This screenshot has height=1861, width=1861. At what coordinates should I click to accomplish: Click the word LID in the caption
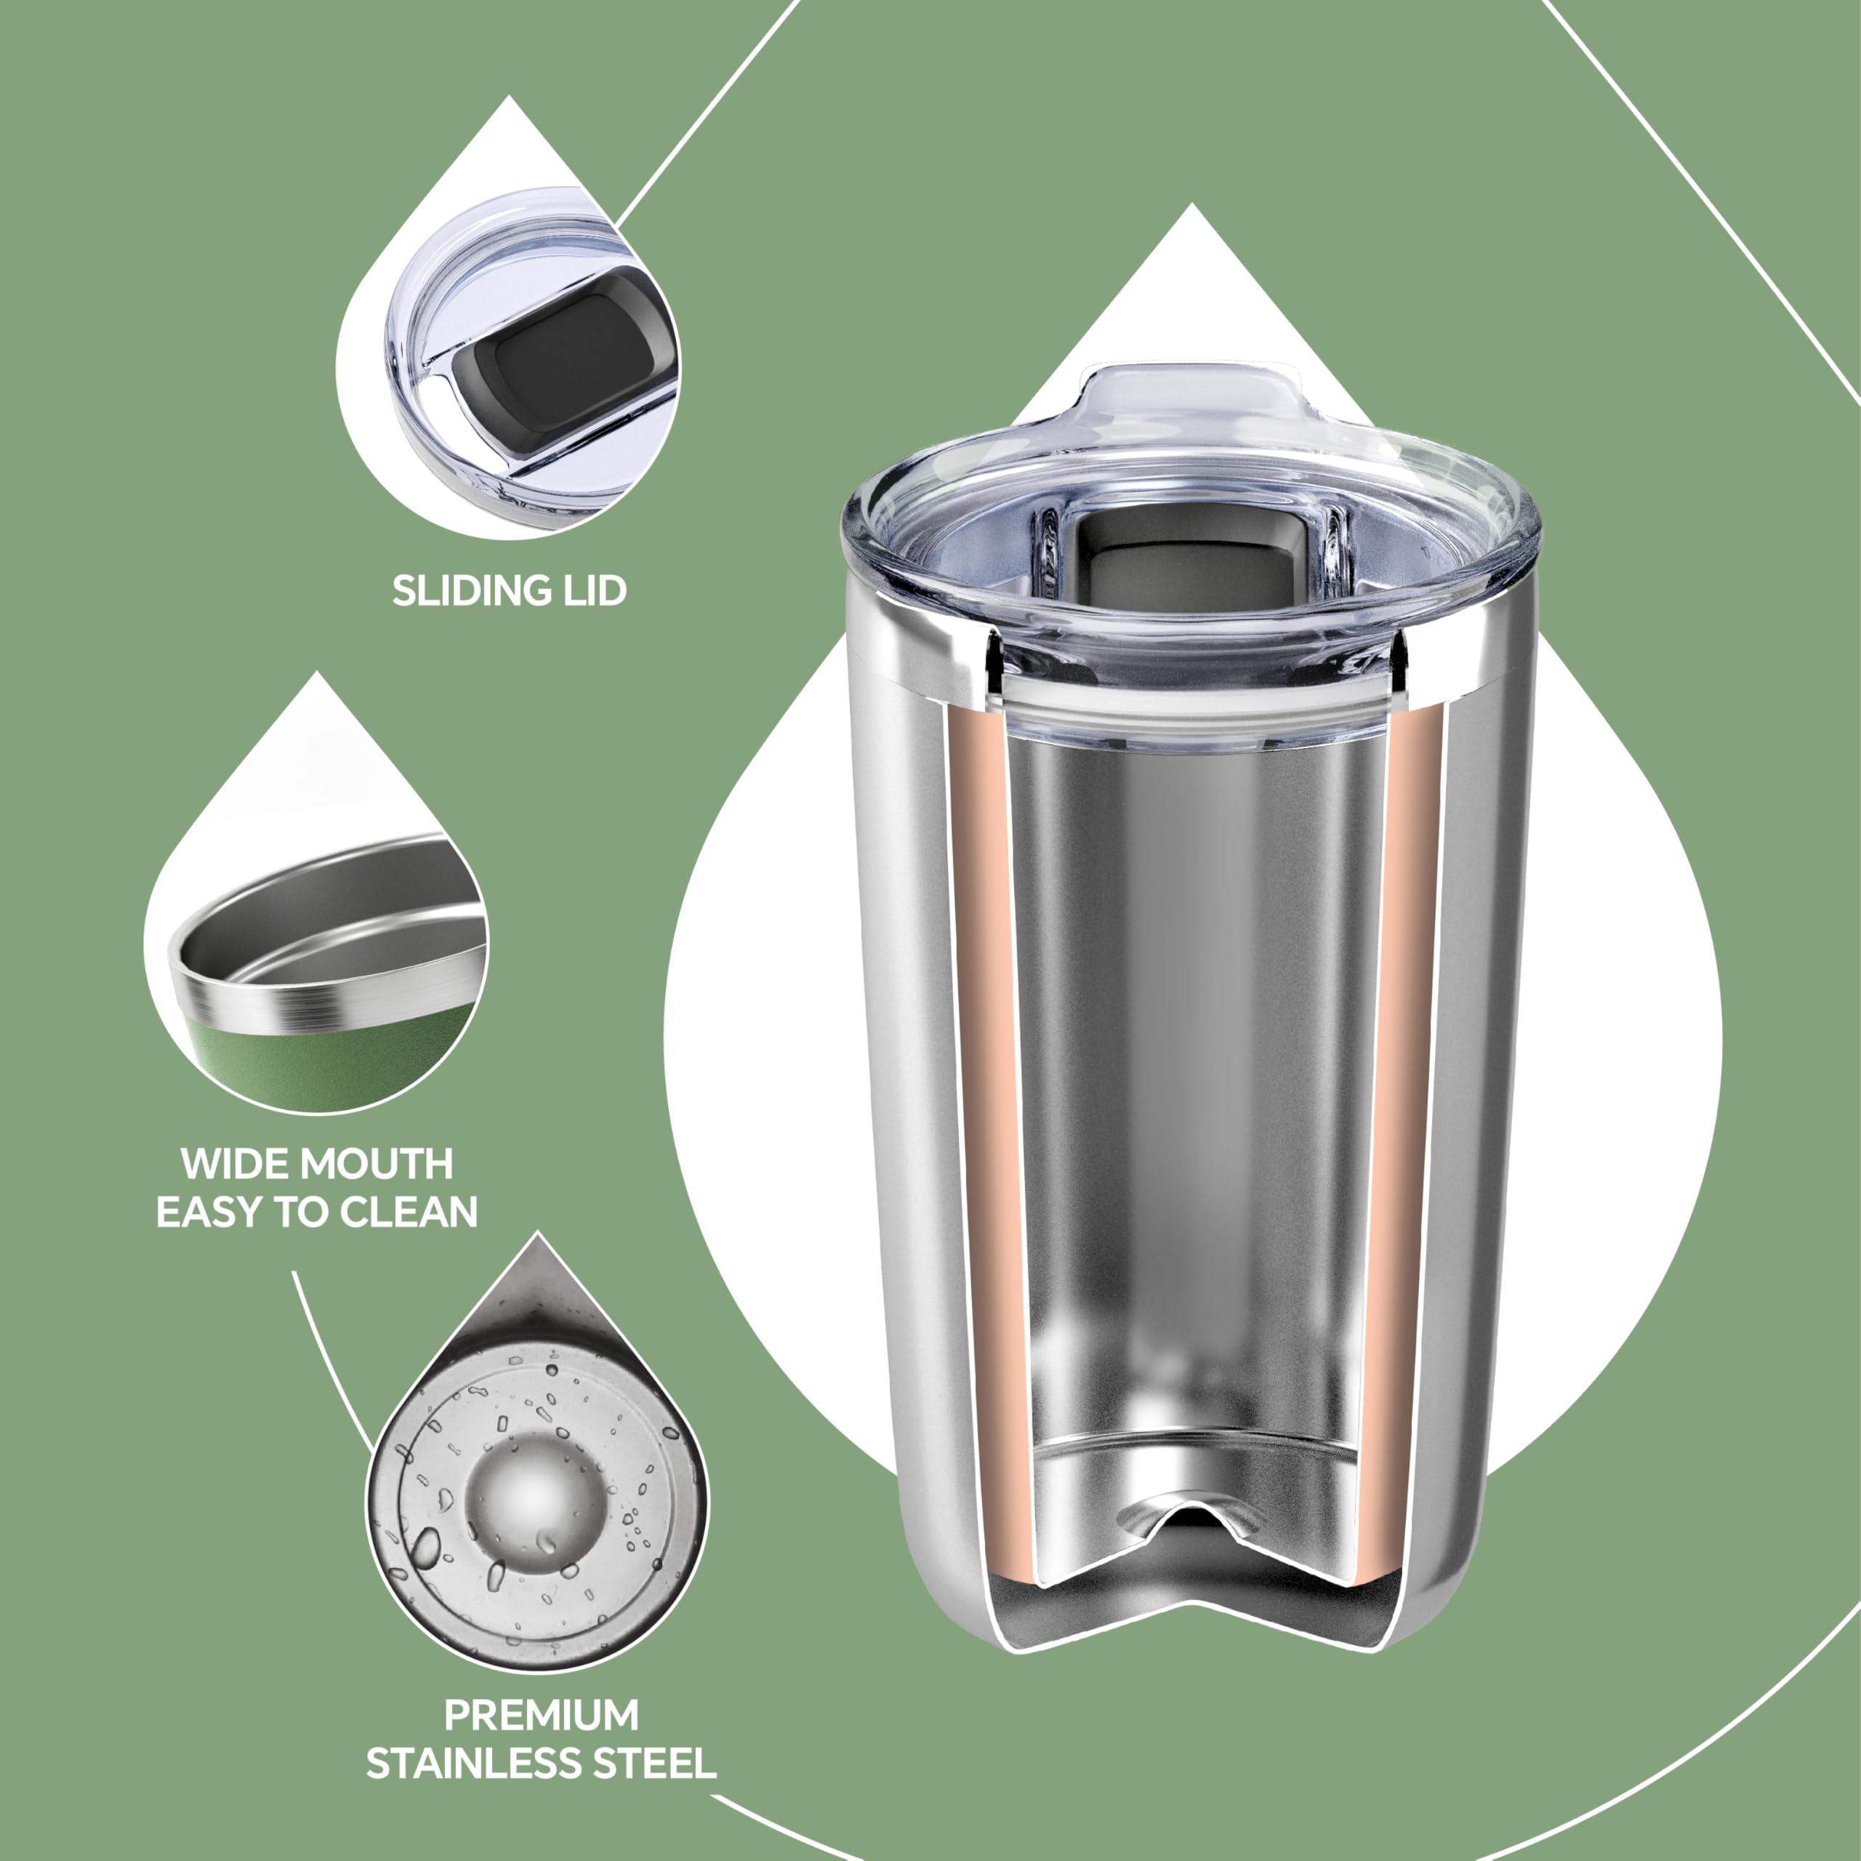pos(593,590)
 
